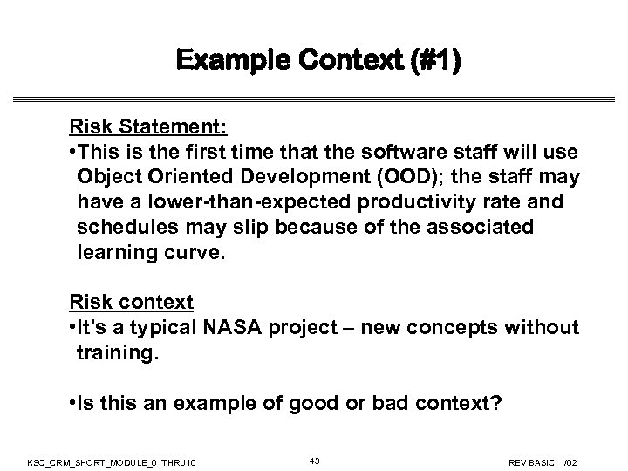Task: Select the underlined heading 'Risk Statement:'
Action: click(x=148, y=126)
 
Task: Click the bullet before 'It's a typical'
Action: click(x=73, y=327)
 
